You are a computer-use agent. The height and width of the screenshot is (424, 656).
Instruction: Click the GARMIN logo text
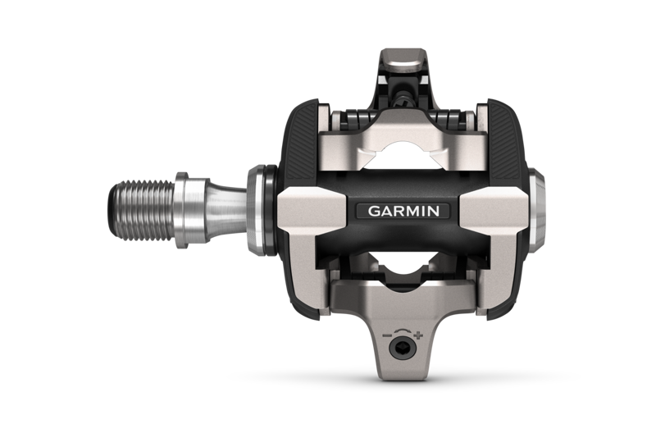point(403,210)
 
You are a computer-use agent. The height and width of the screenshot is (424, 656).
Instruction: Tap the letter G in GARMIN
point(373,210)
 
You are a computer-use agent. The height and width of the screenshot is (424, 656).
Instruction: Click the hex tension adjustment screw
point(402,348)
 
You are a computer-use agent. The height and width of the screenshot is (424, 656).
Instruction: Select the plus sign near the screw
point(419,335)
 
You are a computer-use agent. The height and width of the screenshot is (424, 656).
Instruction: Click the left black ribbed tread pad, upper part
point(298,135)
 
